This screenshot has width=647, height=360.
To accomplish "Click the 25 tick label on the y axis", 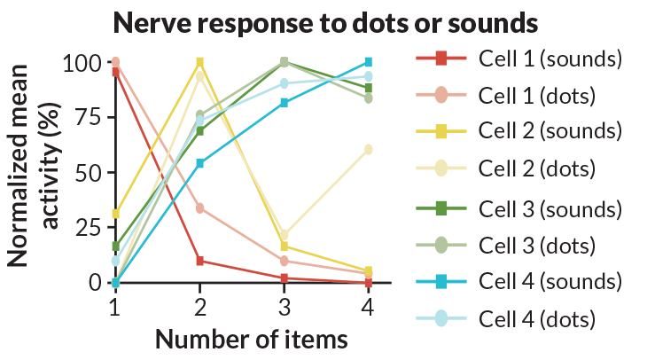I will pos(85,228).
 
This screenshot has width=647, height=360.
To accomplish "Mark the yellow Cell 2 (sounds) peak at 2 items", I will pos(199,62).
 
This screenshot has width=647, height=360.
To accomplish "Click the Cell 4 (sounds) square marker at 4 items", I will pos(368,62).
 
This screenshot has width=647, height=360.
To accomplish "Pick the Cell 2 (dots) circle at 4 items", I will pos(368,149).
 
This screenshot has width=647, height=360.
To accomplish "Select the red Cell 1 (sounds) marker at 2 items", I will pos(199,261).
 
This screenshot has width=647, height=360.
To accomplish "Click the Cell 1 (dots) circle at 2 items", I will pos(199,207).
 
